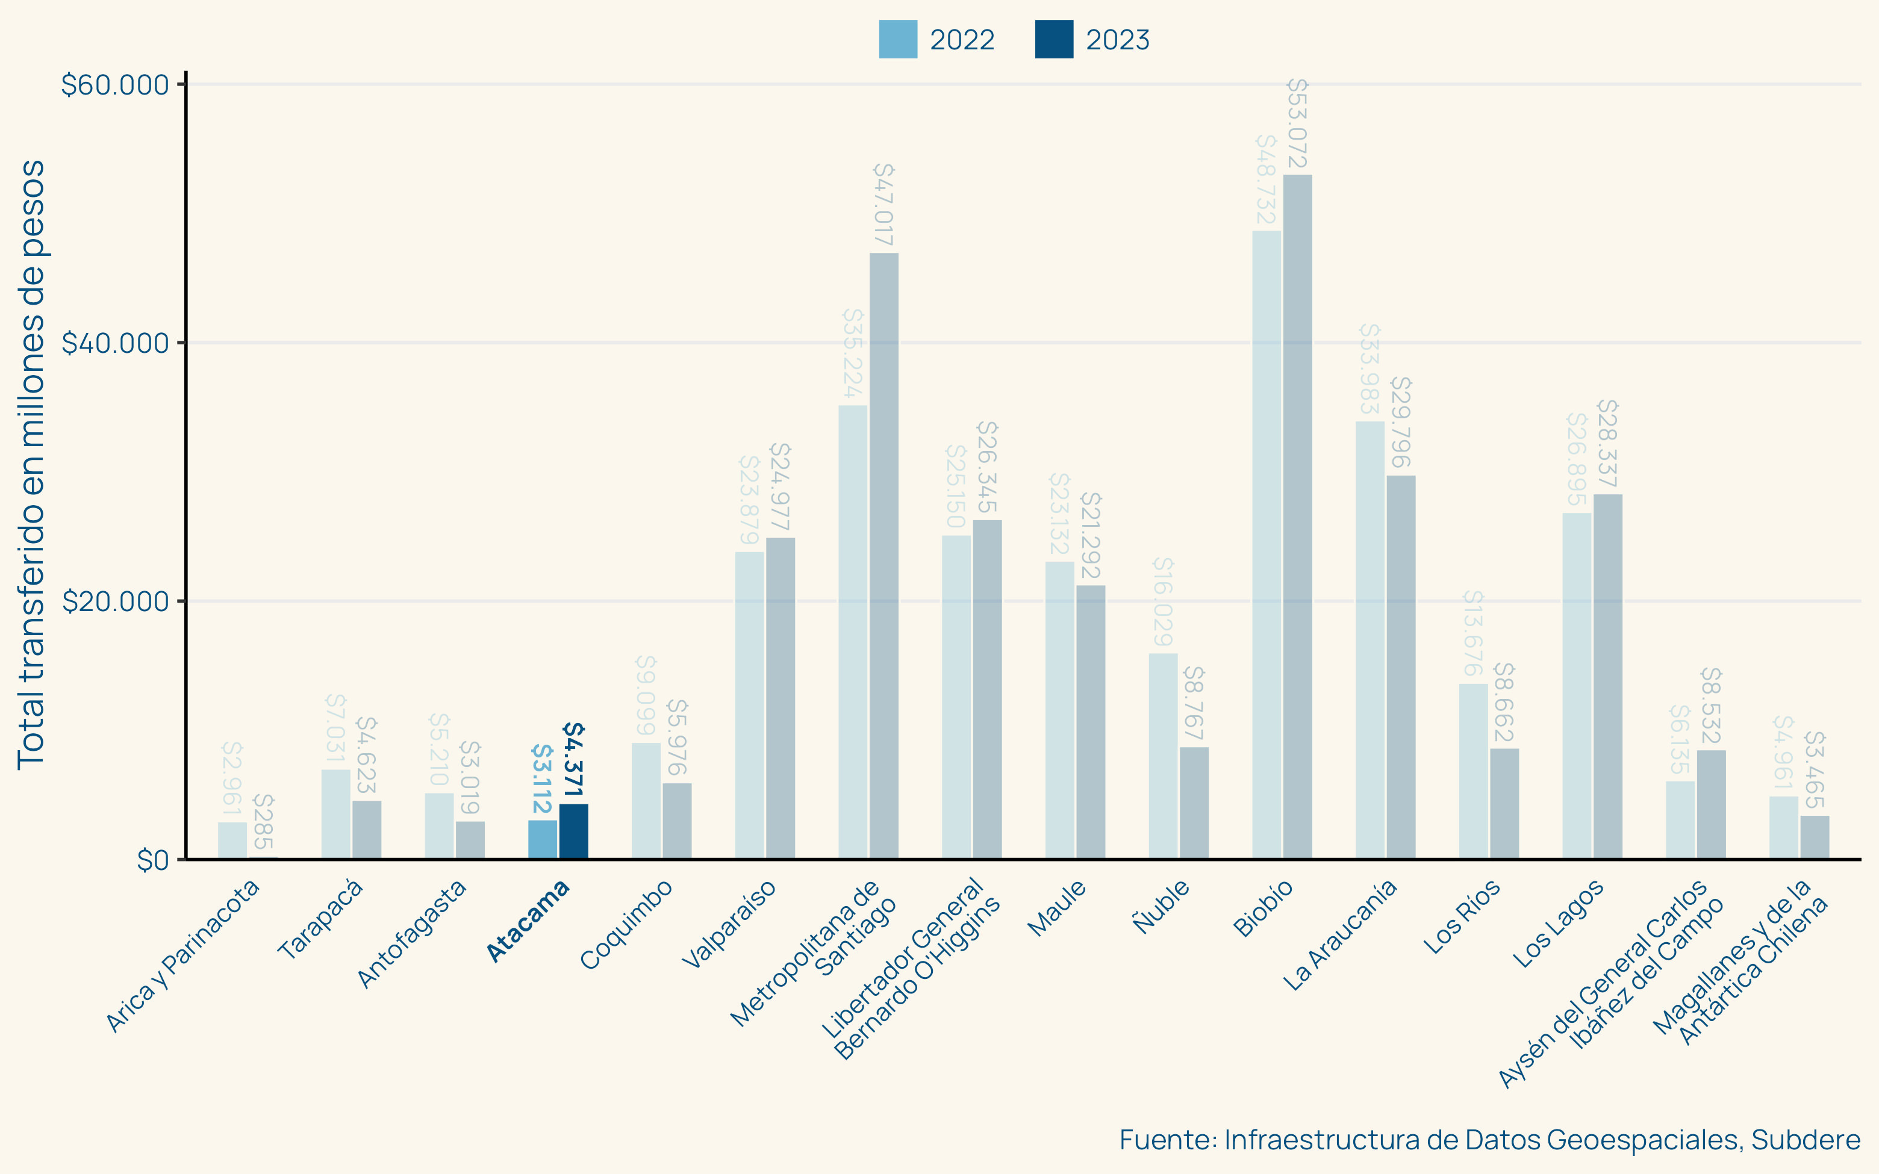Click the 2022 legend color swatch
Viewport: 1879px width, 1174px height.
click(897, 39)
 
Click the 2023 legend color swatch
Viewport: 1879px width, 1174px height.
click(1054, 39)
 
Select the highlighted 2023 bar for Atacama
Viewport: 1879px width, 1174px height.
click(574, 831)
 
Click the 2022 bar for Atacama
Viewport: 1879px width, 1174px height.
click(542, 839)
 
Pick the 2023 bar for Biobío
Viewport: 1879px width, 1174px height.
click(1297, 517)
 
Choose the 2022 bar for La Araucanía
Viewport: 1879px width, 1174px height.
click(1370, 640)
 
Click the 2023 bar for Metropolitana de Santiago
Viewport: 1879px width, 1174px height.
click(883, 555)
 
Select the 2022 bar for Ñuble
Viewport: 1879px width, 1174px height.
click(1163, 756)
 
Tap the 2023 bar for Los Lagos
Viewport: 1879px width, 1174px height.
click(1607, 676)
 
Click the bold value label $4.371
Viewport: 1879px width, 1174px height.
click(573, 759)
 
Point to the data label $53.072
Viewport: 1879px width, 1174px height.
click(1297, 123)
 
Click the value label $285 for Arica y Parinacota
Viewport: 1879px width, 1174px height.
click(263, 821)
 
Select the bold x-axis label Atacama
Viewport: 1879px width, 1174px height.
click(528, 922)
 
